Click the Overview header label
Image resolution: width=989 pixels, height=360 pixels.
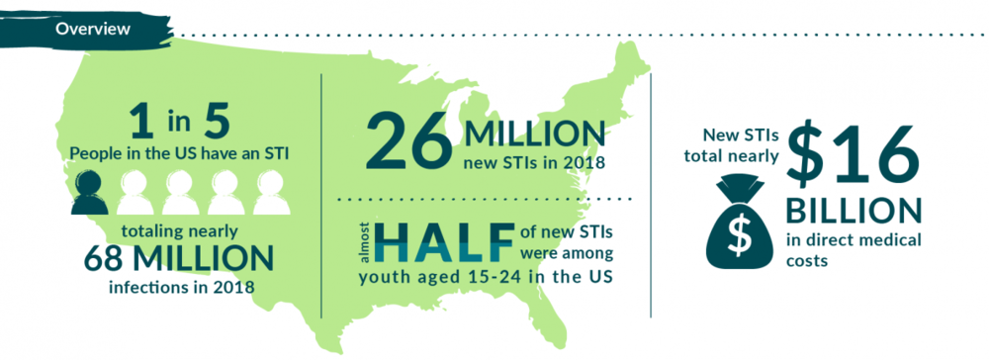[92, 29]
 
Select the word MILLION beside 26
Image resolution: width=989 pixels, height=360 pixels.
[534, 132]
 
